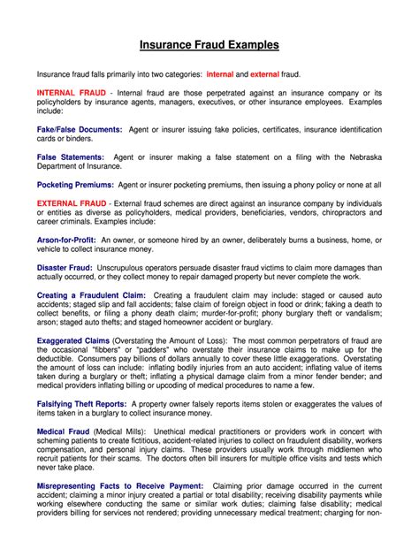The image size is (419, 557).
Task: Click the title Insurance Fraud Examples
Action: click(209, 44)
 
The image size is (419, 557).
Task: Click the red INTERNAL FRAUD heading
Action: click(72, 93)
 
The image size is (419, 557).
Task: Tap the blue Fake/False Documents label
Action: click(80, 129)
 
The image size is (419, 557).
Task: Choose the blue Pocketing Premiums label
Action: click(75, 185)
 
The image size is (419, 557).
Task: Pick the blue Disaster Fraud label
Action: click(65, 267)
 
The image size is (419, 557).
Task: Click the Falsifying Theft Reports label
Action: click(81, 404)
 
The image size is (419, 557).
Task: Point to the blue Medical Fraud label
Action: click(62, 431)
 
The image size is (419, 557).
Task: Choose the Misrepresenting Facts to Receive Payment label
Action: click(120, 486)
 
